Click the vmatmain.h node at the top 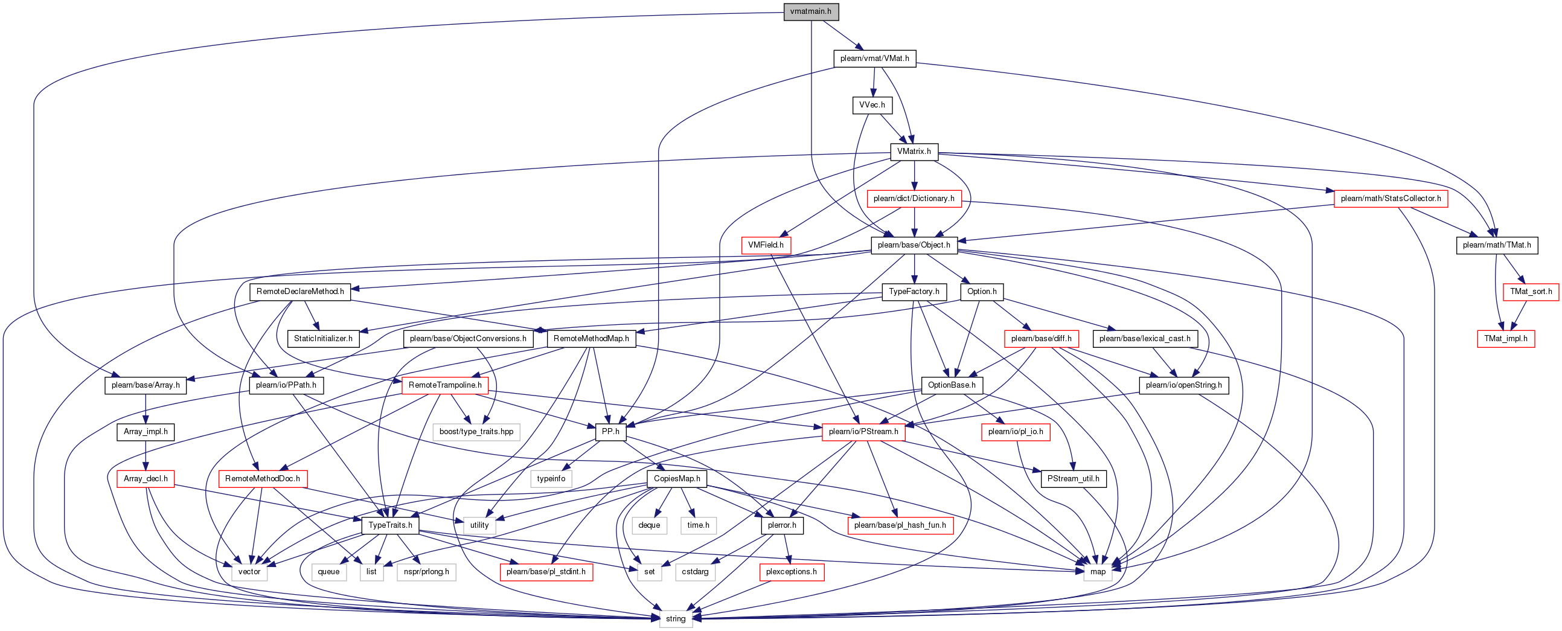coord(811,11)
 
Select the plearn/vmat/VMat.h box coord(874,58)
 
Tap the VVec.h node coord(872,105)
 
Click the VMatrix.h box coord(914,152)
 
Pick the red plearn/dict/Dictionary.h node coord(914,198)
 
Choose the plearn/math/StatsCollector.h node coord(1391,198)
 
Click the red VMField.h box coord(766,245)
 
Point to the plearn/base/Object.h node coord(914,245)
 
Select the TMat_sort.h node coord(1531,292)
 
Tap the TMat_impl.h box coord(1506,338)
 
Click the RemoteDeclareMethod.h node coord(300,292)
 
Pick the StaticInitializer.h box coord(323,338)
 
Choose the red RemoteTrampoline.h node coord(445,385)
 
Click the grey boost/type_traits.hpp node coord(476,432)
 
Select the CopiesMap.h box coord(677,478)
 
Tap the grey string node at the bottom coord(676,618)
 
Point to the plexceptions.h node coord(792,572)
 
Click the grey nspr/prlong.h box coord(426,572)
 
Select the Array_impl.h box coord(146,432)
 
